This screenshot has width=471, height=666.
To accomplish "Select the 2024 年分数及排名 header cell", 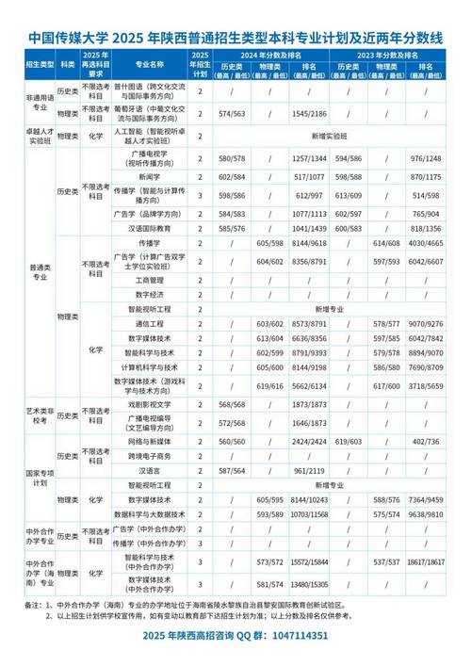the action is [x=268, y=57].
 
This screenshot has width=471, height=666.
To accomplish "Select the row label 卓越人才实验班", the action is [x=37, y=135].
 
